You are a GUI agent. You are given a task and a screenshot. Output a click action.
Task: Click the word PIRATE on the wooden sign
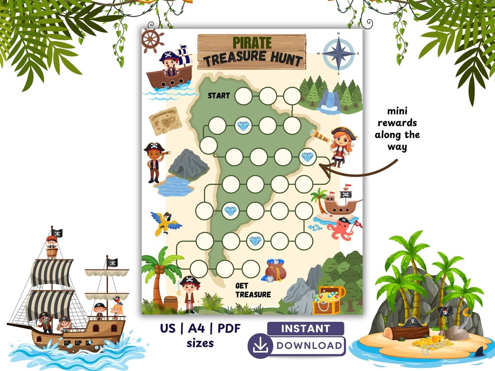click(x=252, y=43)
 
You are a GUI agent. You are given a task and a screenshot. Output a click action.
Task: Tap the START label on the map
click(x=218, y=95)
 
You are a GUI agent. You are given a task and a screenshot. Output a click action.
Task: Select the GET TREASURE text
click(x=253, y=290)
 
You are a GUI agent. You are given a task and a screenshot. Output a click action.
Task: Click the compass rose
click(x=338, y=53)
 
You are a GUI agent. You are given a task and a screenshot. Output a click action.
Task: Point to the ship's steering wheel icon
click(x=153, y=41)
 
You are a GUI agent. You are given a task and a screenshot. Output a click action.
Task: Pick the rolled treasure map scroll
click(x=165, y=121)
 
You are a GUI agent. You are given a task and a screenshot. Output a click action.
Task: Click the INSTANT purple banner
click(x=305, y=328)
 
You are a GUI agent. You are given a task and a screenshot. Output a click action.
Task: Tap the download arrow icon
click(x=260, y=346)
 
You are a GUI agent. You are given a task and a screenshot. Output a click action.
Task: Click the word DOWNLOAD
click(x=309, y=346)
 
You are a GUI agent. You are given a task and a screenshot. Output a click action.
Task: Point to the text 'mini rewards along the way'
click(x=397, y=129)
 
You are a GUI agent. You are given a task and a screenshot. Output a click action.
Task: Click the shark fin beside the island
click(x=479, y=351)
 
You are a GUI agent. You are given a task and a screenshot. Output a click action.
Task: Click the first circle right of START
click(x=244, y=96)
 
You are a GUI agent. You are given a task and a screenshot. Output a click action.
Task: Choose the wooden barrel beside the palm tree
click(x=171, y=302)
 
